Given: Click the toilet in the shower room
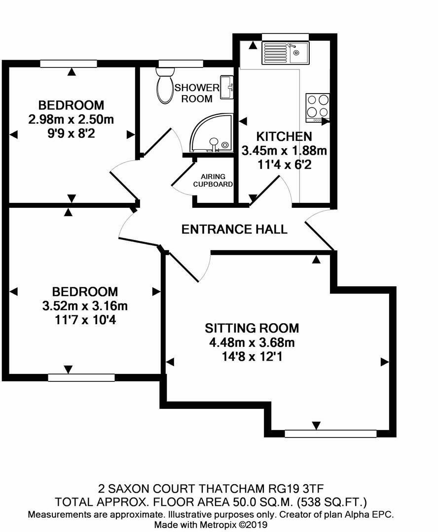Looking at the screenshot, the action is [x=165, y=85].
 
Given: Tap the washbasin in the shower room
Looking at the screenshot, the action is [x=227, y=88].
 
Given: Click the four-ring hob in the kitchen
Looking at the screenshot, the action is [x=318, y=107].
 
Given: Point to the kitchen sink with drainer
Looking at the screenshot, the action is [x=286, y=53].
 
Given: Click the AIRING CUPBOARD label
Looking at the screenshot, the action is [x=213, y=180].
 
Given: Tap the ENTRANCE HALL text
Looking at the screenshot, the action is [x=234, y=230].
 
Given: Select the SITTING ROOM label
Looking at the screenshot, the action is [x=252, y=328].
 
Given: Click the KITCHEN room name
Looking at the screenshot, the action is [x=284, y=136].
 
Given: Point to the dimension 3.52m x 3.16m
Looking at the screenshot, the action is [x=85, y=306].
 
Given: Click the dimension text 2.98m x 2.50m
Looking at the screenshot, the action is [x=71, y=119].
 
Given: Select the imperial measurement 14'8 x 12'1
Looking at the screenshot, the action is [x=252, y=357].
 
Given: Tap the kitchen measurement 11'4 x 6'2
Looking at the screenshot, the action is [x=285, y=165].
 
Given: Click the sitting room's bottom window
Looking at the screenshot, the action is [x=330, y=433].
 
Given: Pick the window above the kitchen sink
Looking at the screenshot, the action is [x=286, y=36].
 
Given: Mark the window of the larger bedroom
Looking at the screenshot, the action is [x=81, y=378].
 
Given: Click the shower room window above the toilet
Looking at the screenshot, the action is [x=181, y=64].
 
